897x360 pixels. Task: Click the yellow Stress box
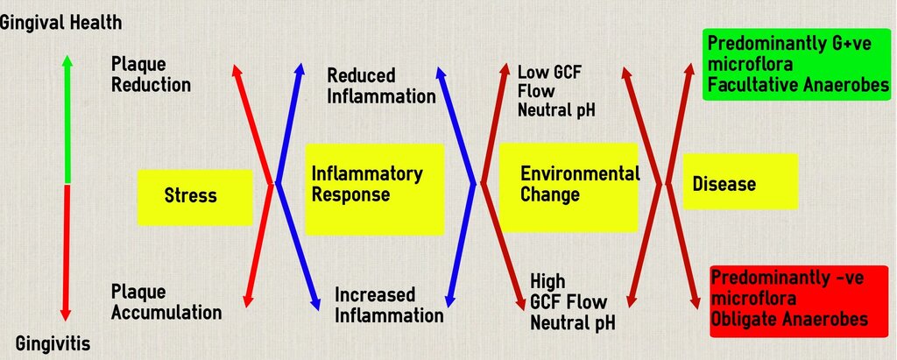point(194,197)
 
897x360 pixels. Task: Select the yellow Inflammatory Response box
point(375,189)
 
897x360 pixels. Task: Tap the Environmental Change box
point(569,187)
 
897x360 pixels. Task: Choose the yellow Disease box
point(740,181)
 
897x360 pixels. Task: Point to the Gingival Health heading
point(61,23)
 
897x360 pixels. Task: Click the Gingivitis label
point(53,344)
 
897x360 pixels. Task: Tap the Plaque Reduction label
point(151,74)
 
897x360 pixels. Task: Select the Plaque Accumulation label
point(166,302)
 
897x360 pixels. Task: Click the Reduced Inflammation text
point(382,86)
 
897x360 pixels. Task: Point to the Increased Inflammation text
point(389,305)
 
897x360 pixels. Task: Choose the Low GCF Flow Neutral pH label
point(556,91)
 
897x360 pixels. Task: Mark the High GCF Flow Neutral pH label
point(573,302)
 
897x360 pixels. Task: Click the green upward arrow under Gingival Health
point(67,119)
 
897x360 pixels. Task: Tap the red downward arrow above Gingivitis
point(66,252)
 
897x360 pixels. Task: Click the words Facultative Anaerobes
point(799,85)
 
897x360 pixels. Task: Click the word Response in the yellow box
point(350,194)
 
